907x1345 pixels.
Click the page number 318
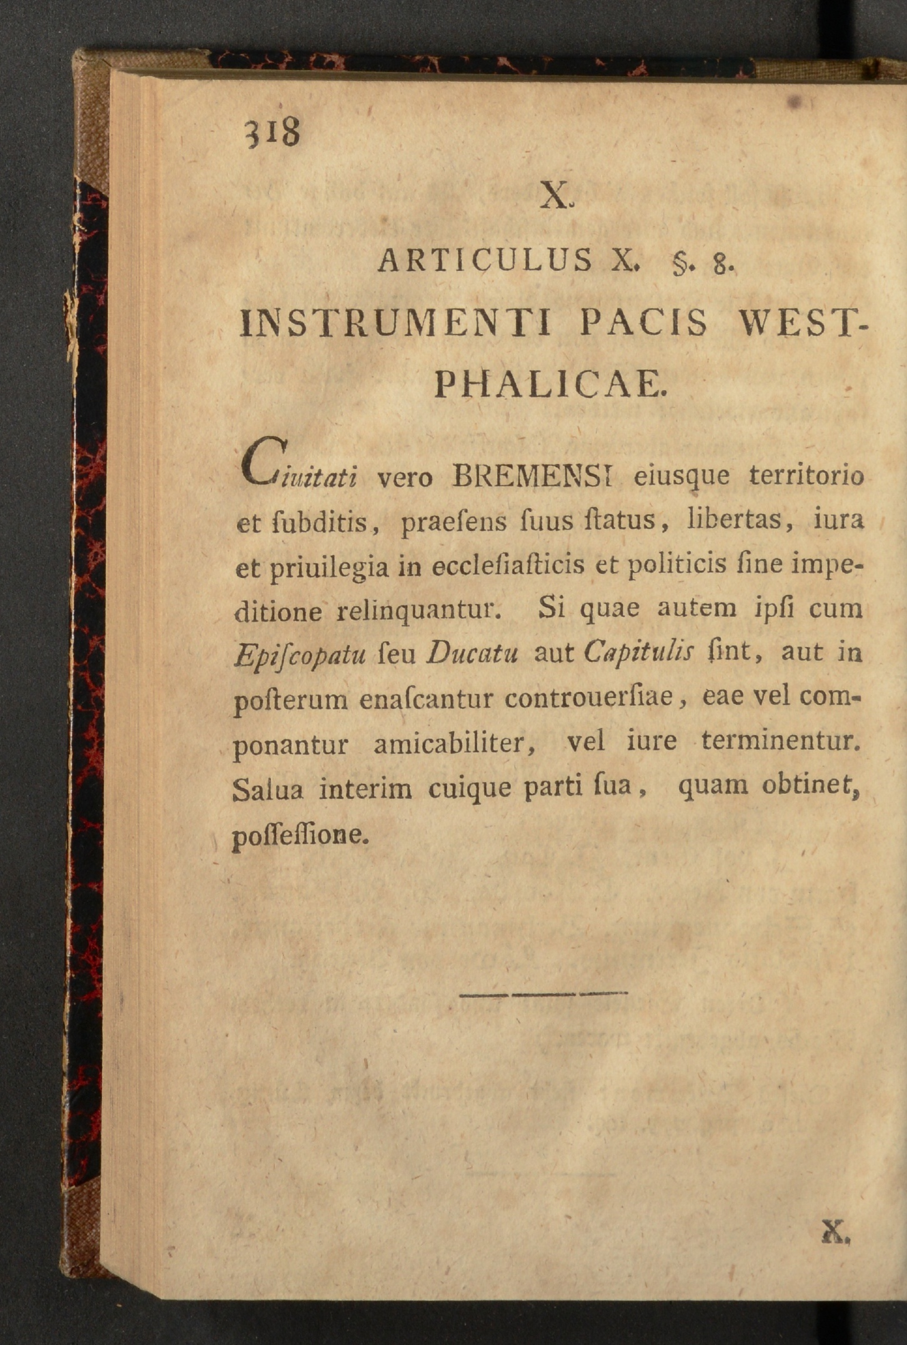coord(274,132)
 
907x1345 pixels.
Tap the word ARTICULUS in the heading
coord(485,260)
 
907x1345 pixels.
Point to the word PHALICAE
coord(551,385)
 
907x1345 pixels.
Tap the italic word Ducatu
coord(473,653)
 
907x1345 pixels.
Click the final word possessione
coord(300,835)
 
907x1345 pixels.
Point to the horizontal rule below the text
coord(543,993)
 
